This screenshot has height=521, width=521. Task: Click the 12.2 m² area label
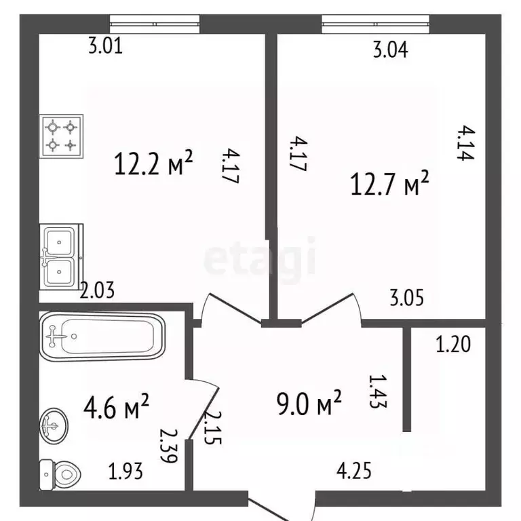153,163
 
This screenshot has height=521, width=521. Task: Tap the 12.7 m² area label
390,182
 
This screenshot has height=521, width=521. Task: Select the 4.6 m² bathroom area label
116,406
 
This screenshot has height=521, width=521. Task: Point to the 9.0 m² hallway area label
309,403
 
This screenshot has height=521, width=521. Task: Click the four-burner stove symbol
61,136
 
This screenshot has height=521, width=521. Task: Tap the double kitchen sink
61,256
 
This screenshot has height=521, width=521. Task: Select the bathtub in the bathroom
102,336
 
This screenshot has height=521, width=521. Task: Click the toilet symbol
60,474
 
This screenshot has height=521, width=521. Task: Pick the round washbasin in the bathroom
54,425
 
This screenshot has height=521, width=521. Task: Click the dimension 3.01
106,46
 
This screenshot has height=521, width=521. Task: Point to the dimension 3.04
391,50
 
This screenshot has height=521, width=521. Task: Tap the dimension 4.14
465,143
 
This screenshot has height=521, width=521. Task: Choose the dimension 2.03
98,290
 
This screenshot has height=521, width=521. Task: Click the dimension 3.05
407,298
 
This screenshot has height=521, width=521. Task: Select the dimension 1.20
453,344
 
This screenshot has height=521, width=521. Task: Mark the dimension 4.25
354,471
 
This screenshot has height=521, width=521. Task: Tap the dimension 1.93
126,471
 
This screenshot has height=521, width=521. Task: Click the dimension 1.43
378,391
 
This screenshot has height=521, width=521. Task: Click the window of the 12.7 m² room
375,24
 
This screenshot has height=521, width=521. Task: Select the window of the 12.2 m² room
155,24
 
